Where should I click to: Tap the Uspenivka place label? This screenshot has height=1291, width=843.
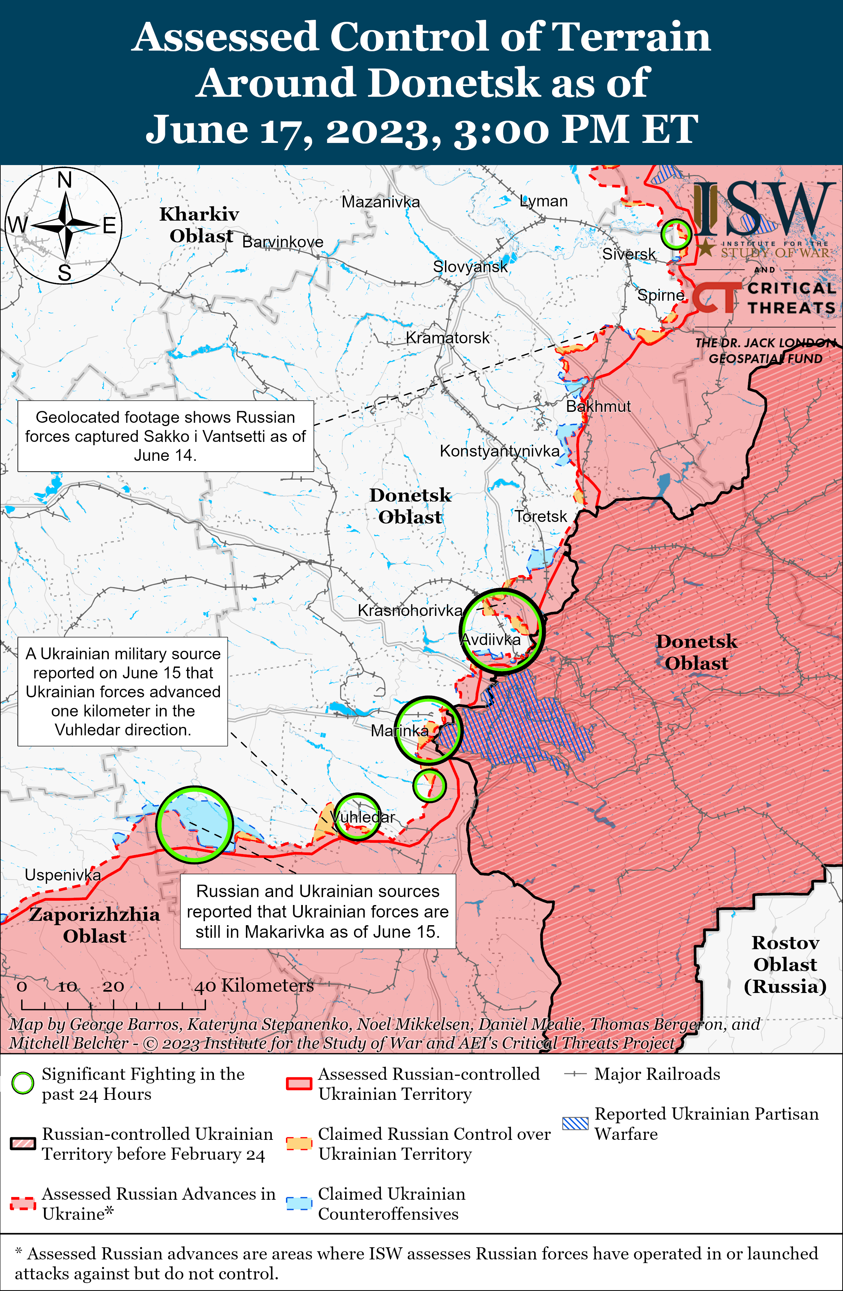click(63, 875)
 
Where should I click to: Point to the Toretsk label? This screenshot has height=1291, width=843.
click(541, 516)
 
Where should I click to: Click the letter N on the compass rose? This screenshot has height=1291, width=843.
click(64, 180)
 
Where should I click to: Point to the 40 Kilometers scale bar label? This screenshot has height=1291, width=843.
click(254, 986)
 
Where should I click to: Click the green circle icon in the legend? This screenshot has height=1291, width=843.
click(23, 1084)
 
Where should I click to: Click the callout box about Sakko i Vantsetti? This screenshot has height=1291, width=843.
click(165, 436)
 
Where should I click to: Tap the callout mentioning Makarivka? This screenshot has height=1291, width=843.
click(318, 911)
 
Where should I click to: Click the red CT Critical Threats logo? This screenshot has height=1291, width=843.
click(716, 297)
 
